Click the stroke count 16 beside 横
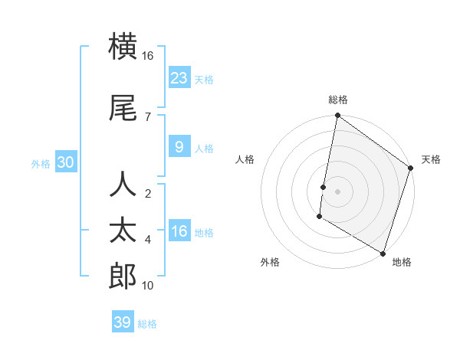(148, 56)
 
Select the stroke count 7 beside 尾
(147, 116)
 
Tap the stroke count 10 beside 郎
(148, 286)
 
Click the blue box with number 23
(179, 77)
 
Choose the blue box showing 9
(179, 146)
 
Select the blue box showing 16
(179, 231)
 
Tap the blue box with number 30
(65, 162)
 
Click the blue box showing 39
(123, 322)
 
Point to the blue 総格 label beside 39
(148, 324)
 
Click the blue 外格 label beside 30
(41, 163)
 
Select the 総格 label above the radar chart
(338, 100)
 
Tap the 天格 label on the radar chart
(431, 159)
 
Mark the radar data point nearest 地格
(382, 253)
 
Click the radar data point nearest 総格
(337, 116)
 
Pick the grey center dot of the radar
(337, 189)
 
